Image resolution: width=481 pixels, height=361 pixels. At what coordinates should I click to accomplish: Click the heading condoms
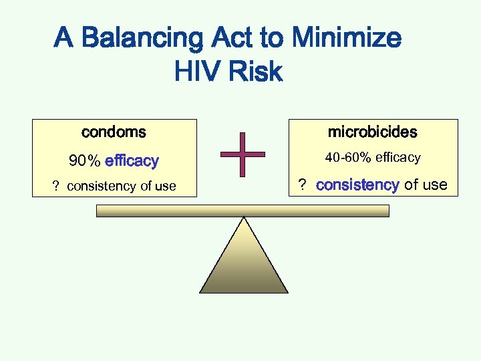(114, 132)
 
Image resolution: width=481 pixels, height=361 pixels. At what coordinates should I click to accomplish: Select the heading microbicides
(372, 132)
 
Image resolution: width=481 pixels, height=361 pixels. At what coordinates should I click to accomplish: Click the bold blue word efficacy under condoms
(132, 161)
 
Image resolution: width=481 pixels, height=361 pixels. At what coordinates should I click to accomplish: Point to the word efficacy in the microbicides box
(398, 158)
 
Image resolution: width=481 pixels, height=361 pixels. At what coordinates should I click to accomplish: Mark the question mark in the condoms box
(56, 187)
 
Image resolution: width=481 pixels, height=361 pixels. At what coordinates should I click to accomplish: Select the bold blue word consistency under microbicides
(357, 185)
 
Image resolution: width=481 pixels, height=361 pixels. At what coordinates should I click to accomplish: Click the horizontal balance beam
(243, 211)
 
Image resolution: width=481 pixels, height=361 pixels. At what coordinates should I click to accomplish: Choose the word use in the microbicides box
(434, 185)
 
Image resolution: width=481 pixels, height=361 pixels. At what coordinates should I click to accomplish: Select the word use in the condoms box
(165, 187)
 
